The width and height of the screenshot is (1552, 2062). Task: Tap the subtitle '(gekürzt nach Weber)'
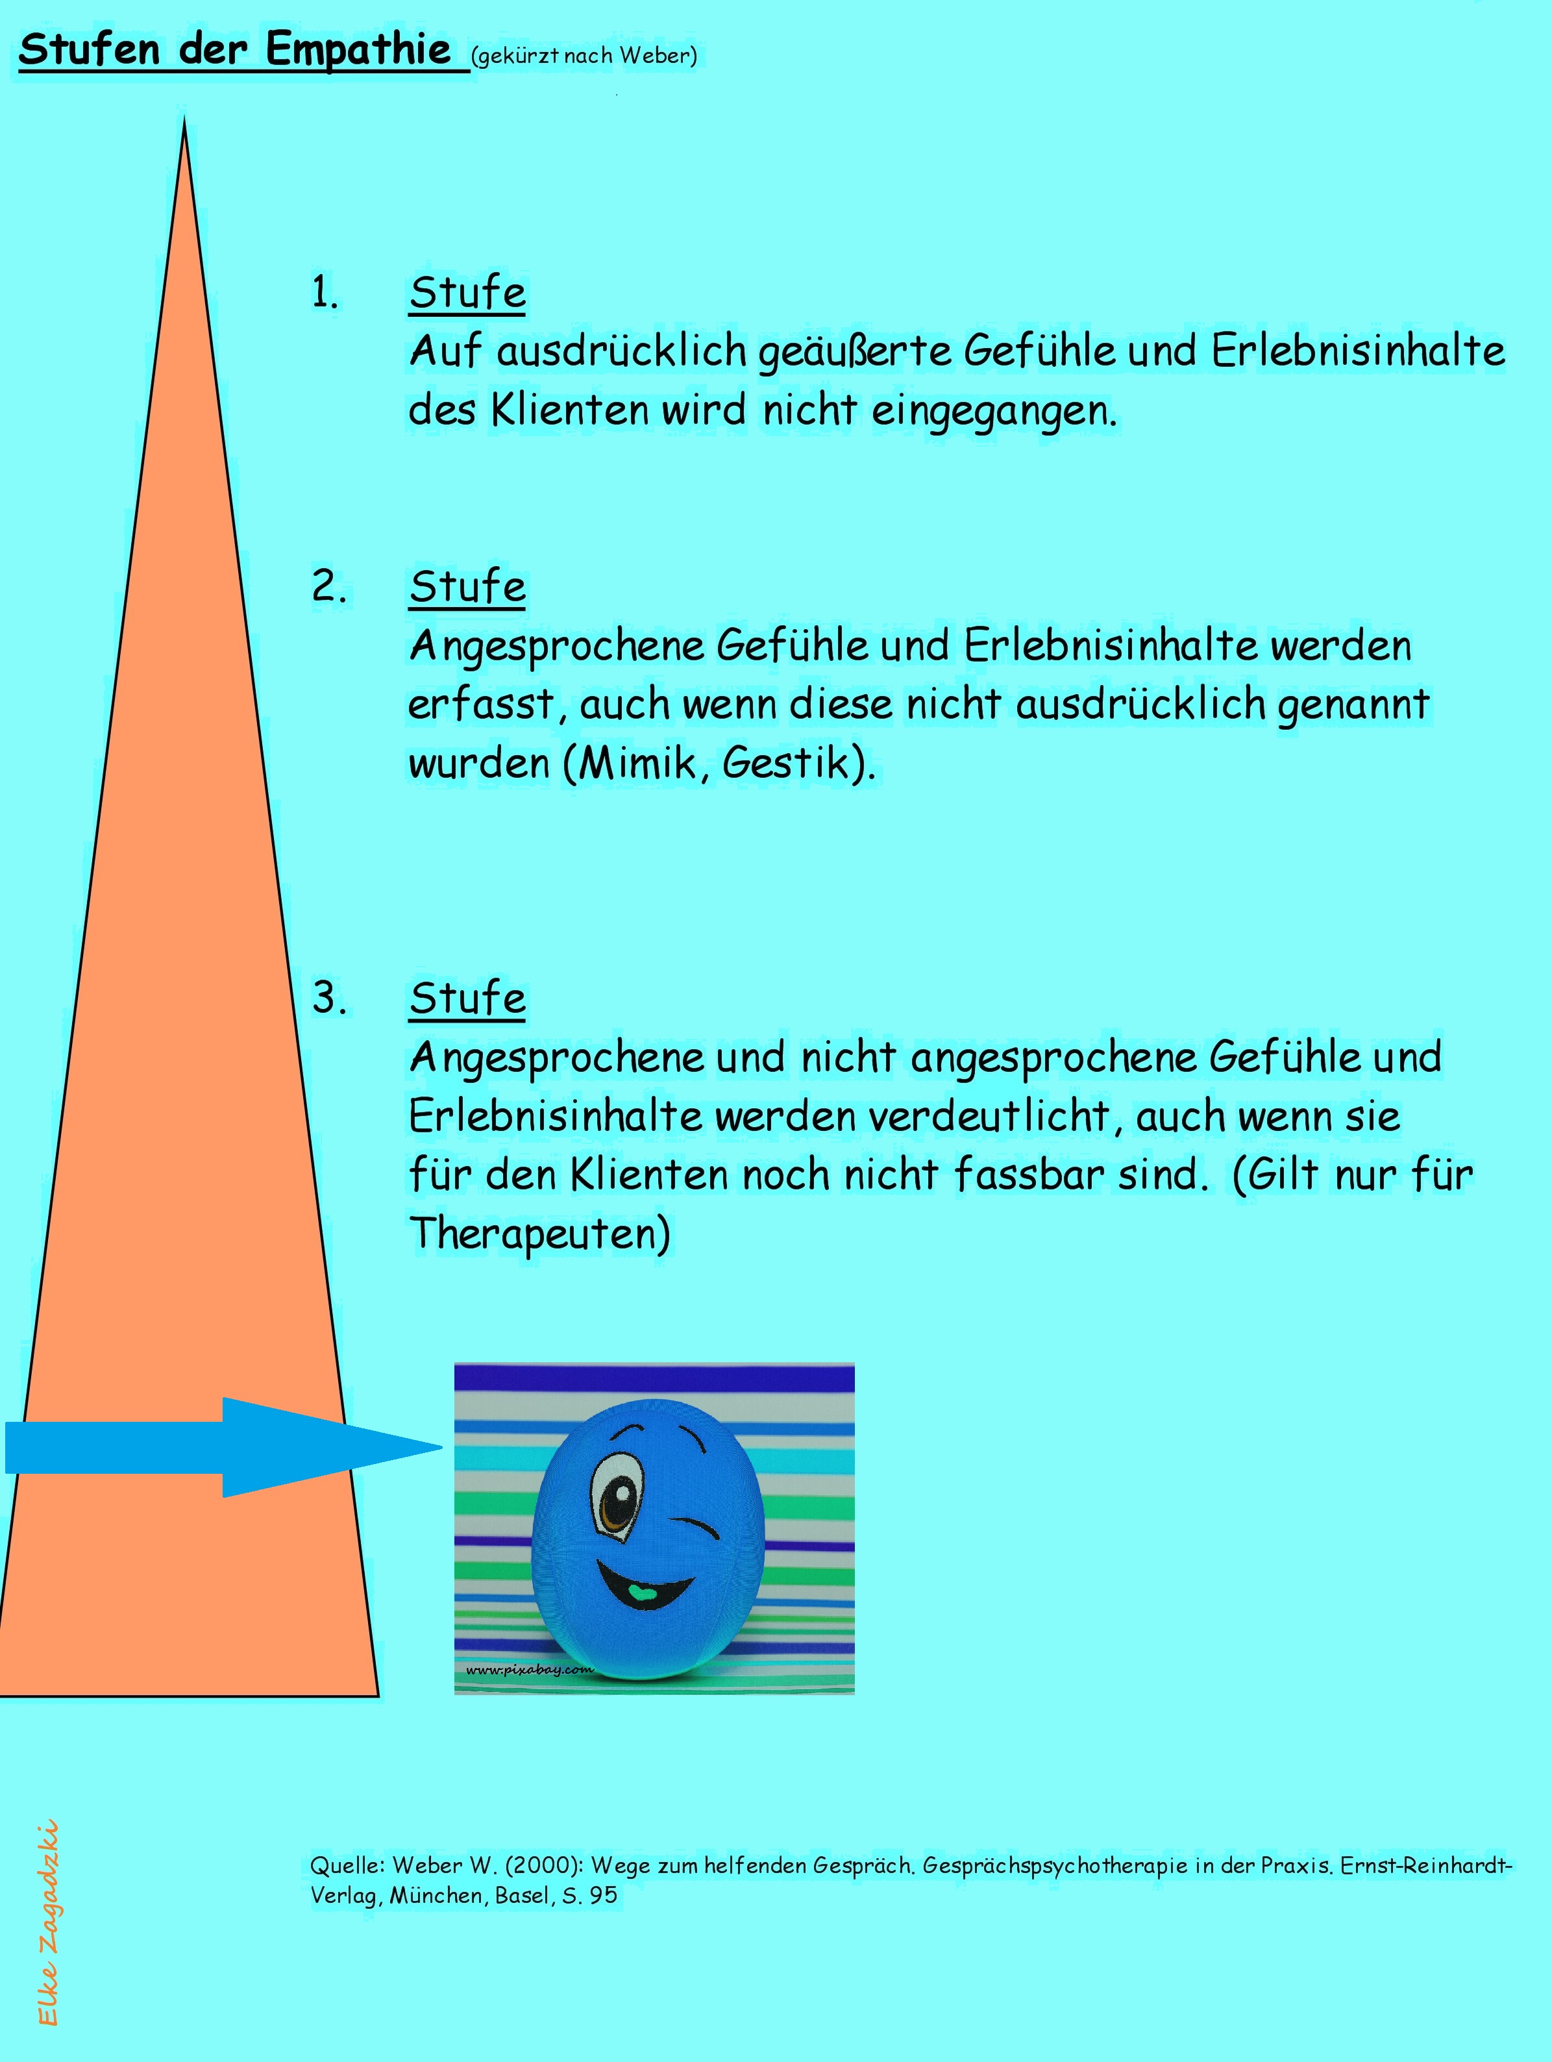tap(584, 56)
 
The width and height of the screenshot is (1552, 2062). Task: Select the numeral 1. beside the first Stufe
tap(325, 293)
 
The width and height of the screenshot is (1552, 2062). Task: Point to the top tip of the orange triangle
tap(184, 118)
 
